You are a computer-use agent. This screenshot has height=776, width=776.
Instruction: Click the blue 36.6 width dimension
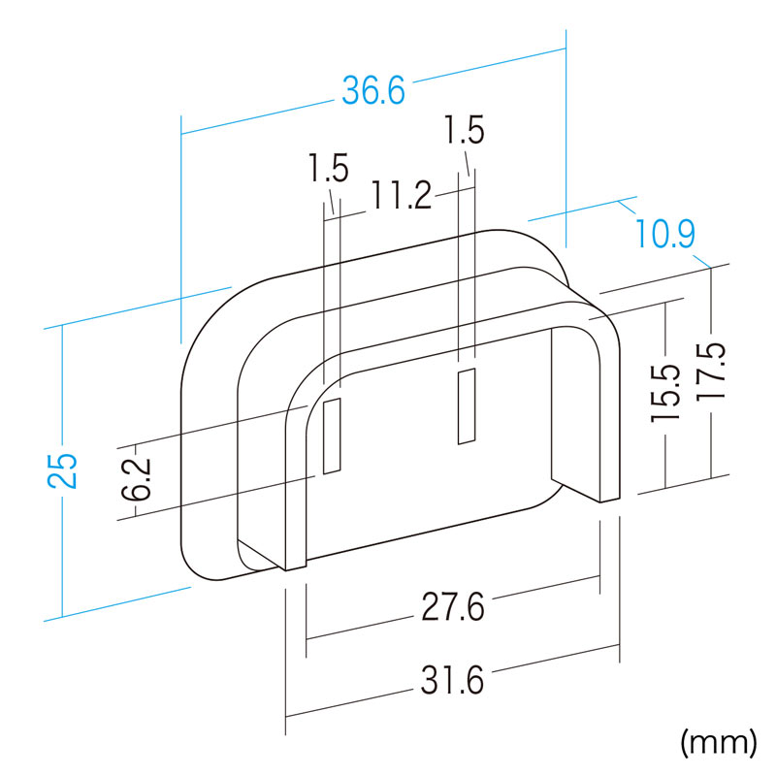tap(373, 89)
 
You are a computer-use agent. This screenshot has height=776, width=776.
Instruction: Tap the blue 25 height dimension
tap(63, 470)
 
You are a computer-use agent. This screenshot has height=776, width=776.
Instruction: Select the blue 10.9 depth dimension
tap(664, 233)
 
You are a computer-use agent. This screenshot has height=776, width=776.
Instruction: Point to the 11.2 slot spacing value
tap(402, 195)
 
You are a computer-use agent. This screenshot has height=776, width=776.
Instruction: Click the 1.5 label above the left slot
tap(328, 167)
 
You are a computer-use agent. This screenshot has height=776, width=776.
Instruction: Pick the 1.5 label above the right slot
tap(465, 130)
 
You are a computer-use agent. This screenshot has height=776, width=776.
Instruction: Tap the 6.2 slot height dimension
tap(136, 479)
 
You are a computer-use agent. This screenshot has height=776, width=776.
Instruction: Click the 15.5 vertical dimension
tap(665, 394)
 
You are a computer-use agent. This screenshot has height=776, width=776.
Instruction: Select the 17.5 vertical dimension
tap(711, 371)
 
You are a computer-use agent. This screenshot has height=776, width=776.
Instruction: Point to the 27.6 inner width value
tap(453, 607)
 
